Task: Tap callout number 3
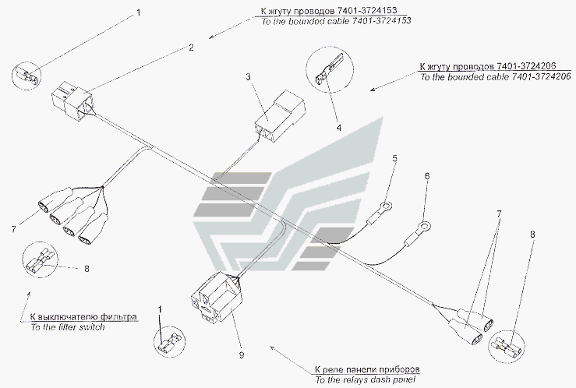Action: click(248, 77)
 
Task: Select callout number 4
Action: click(337, 126)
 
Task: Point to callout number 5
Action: click(394, 159)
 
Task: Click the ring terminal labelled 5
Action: click(385, 206)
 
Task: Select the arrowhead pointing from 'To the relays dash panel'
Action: click(270, 351)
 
